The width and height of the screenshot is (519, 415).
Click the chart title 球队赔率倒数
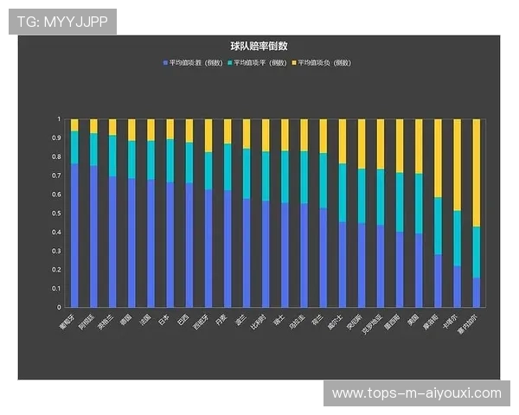(259, 46)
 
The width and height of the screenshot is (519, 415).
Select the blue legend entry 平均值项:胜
(195, 63)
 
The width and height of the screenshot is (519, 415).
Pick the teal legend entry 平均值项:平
(259, 63)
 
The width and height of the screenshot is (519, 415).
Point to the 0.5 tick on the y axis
(60, 214)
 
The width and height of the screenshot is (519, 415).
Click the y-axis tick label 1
(60, 119)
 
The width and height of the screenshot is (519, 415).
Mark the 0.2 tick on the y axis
(60, 270)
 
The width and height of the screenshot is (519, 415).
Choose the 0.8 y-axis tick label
(60, 157)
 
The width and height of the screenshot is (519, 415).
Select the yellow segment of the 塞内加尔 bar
(477, 173)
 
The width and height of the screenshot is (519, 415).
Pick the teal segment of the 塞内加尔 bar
(477, 252)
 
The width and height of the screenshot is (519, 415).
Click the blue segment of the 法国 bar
(151, 243)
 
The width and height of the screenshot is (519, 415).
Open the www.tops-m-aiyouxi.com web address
(416, 393)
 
